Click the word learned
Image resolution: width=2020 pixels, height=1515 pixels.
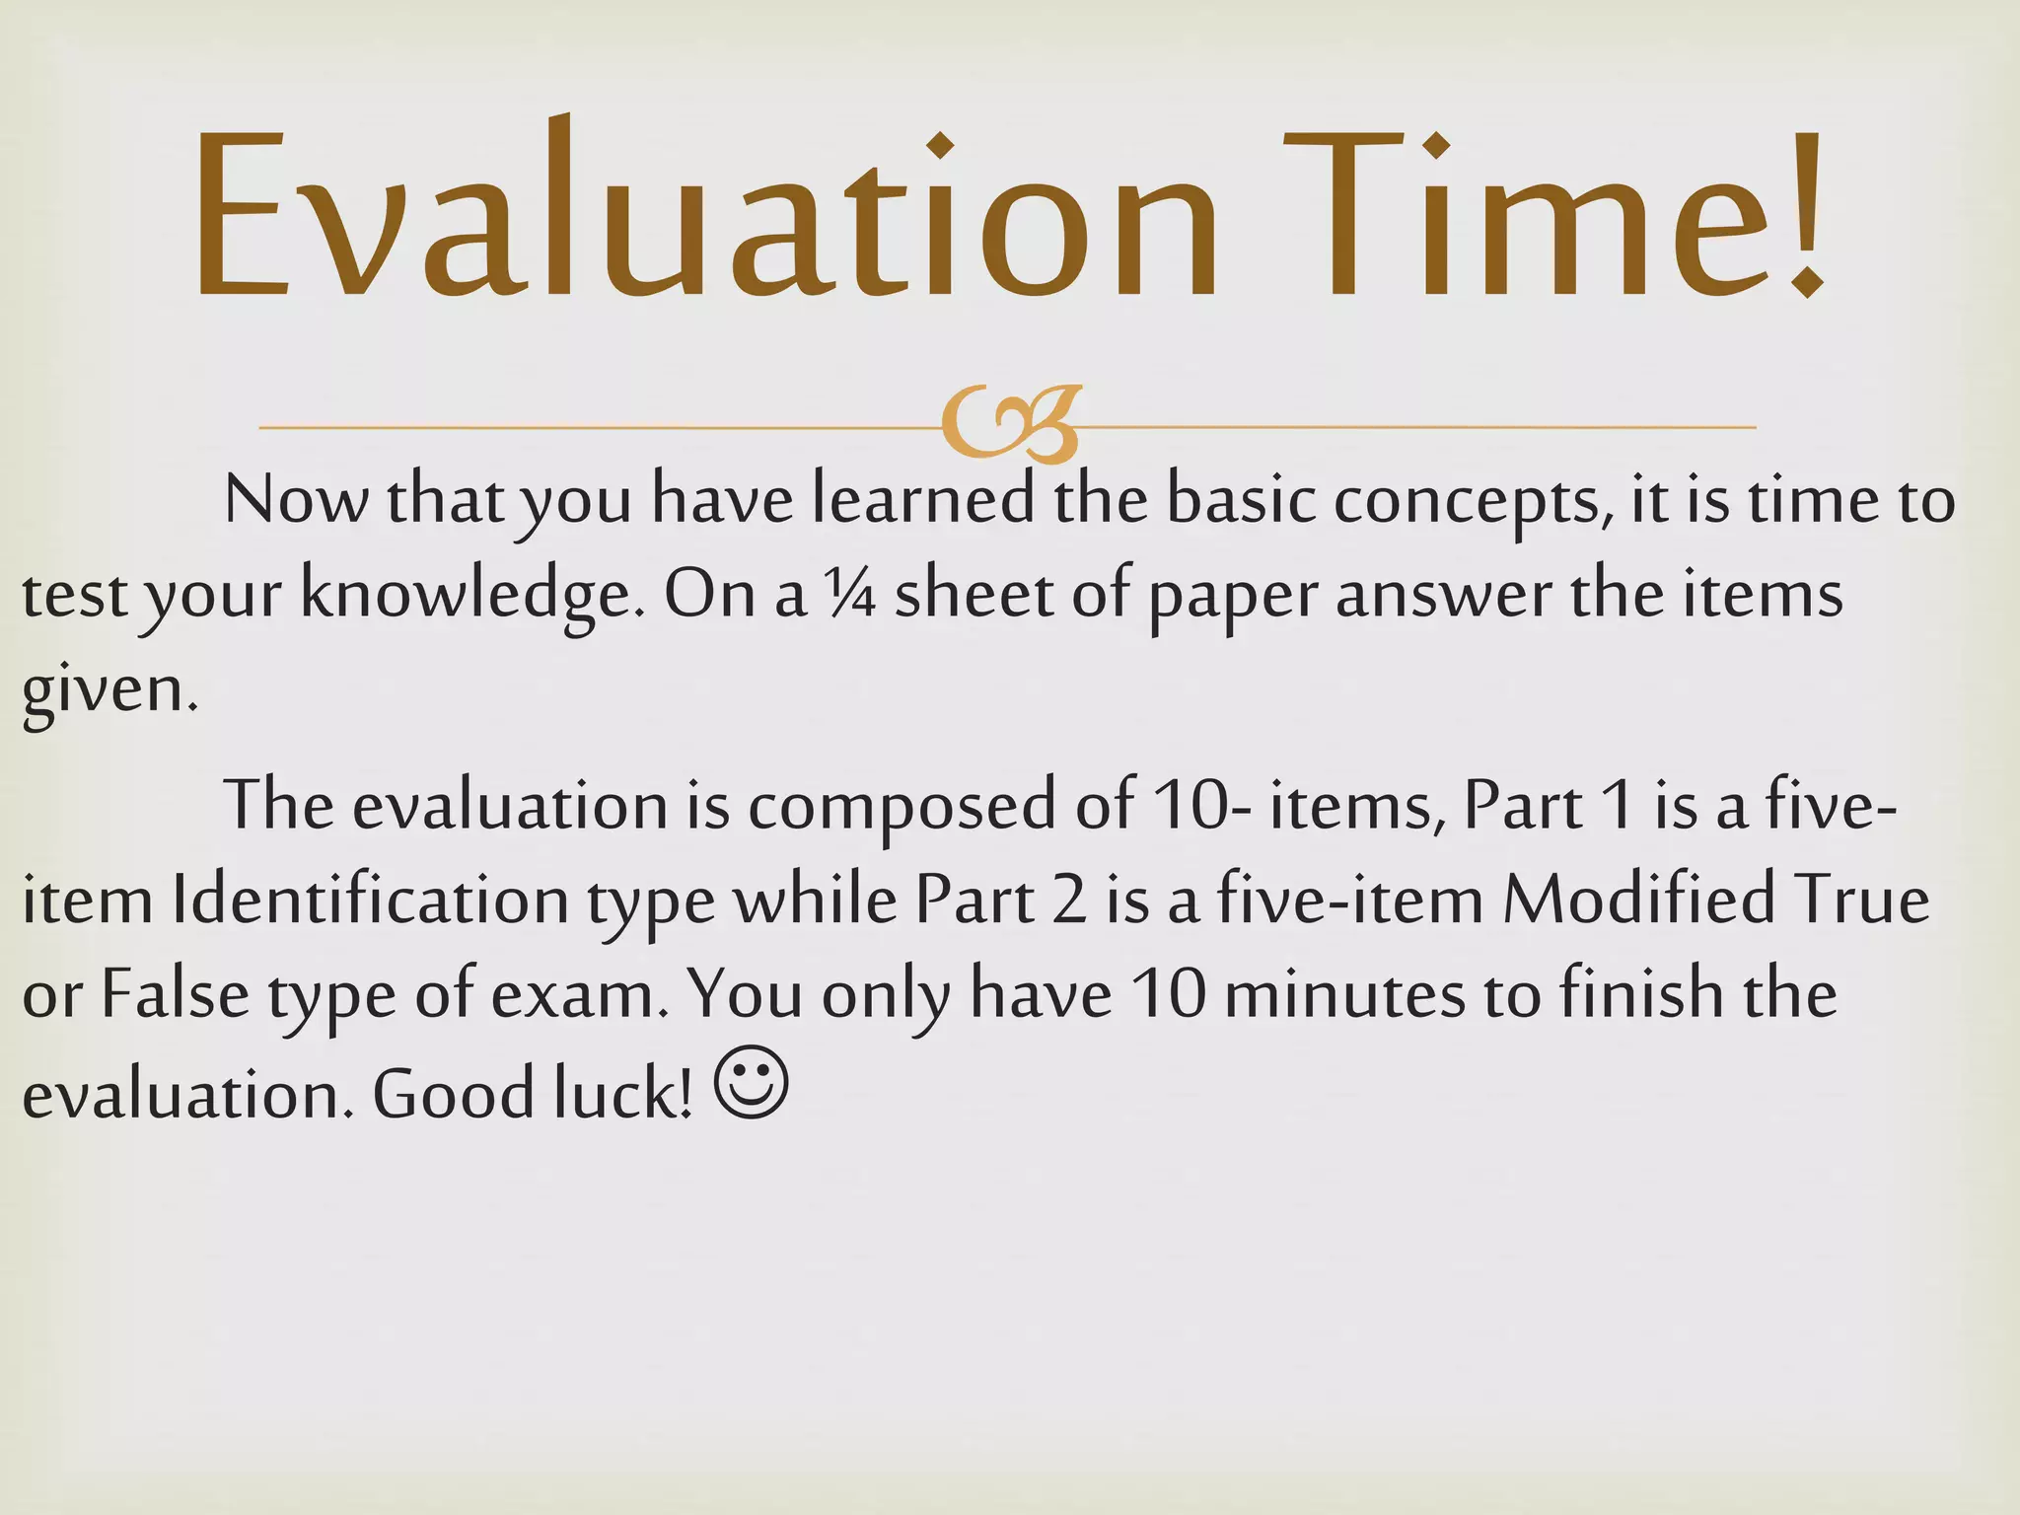(x=922, y=500)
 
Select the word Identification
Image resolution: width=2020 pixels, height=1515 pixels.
(x=370, y=900)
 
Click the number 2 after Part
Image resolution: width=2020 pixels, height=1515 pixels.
(x=1067, y=900)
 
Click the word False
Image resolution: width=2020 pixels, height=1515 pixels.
(x=175, y=994)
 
